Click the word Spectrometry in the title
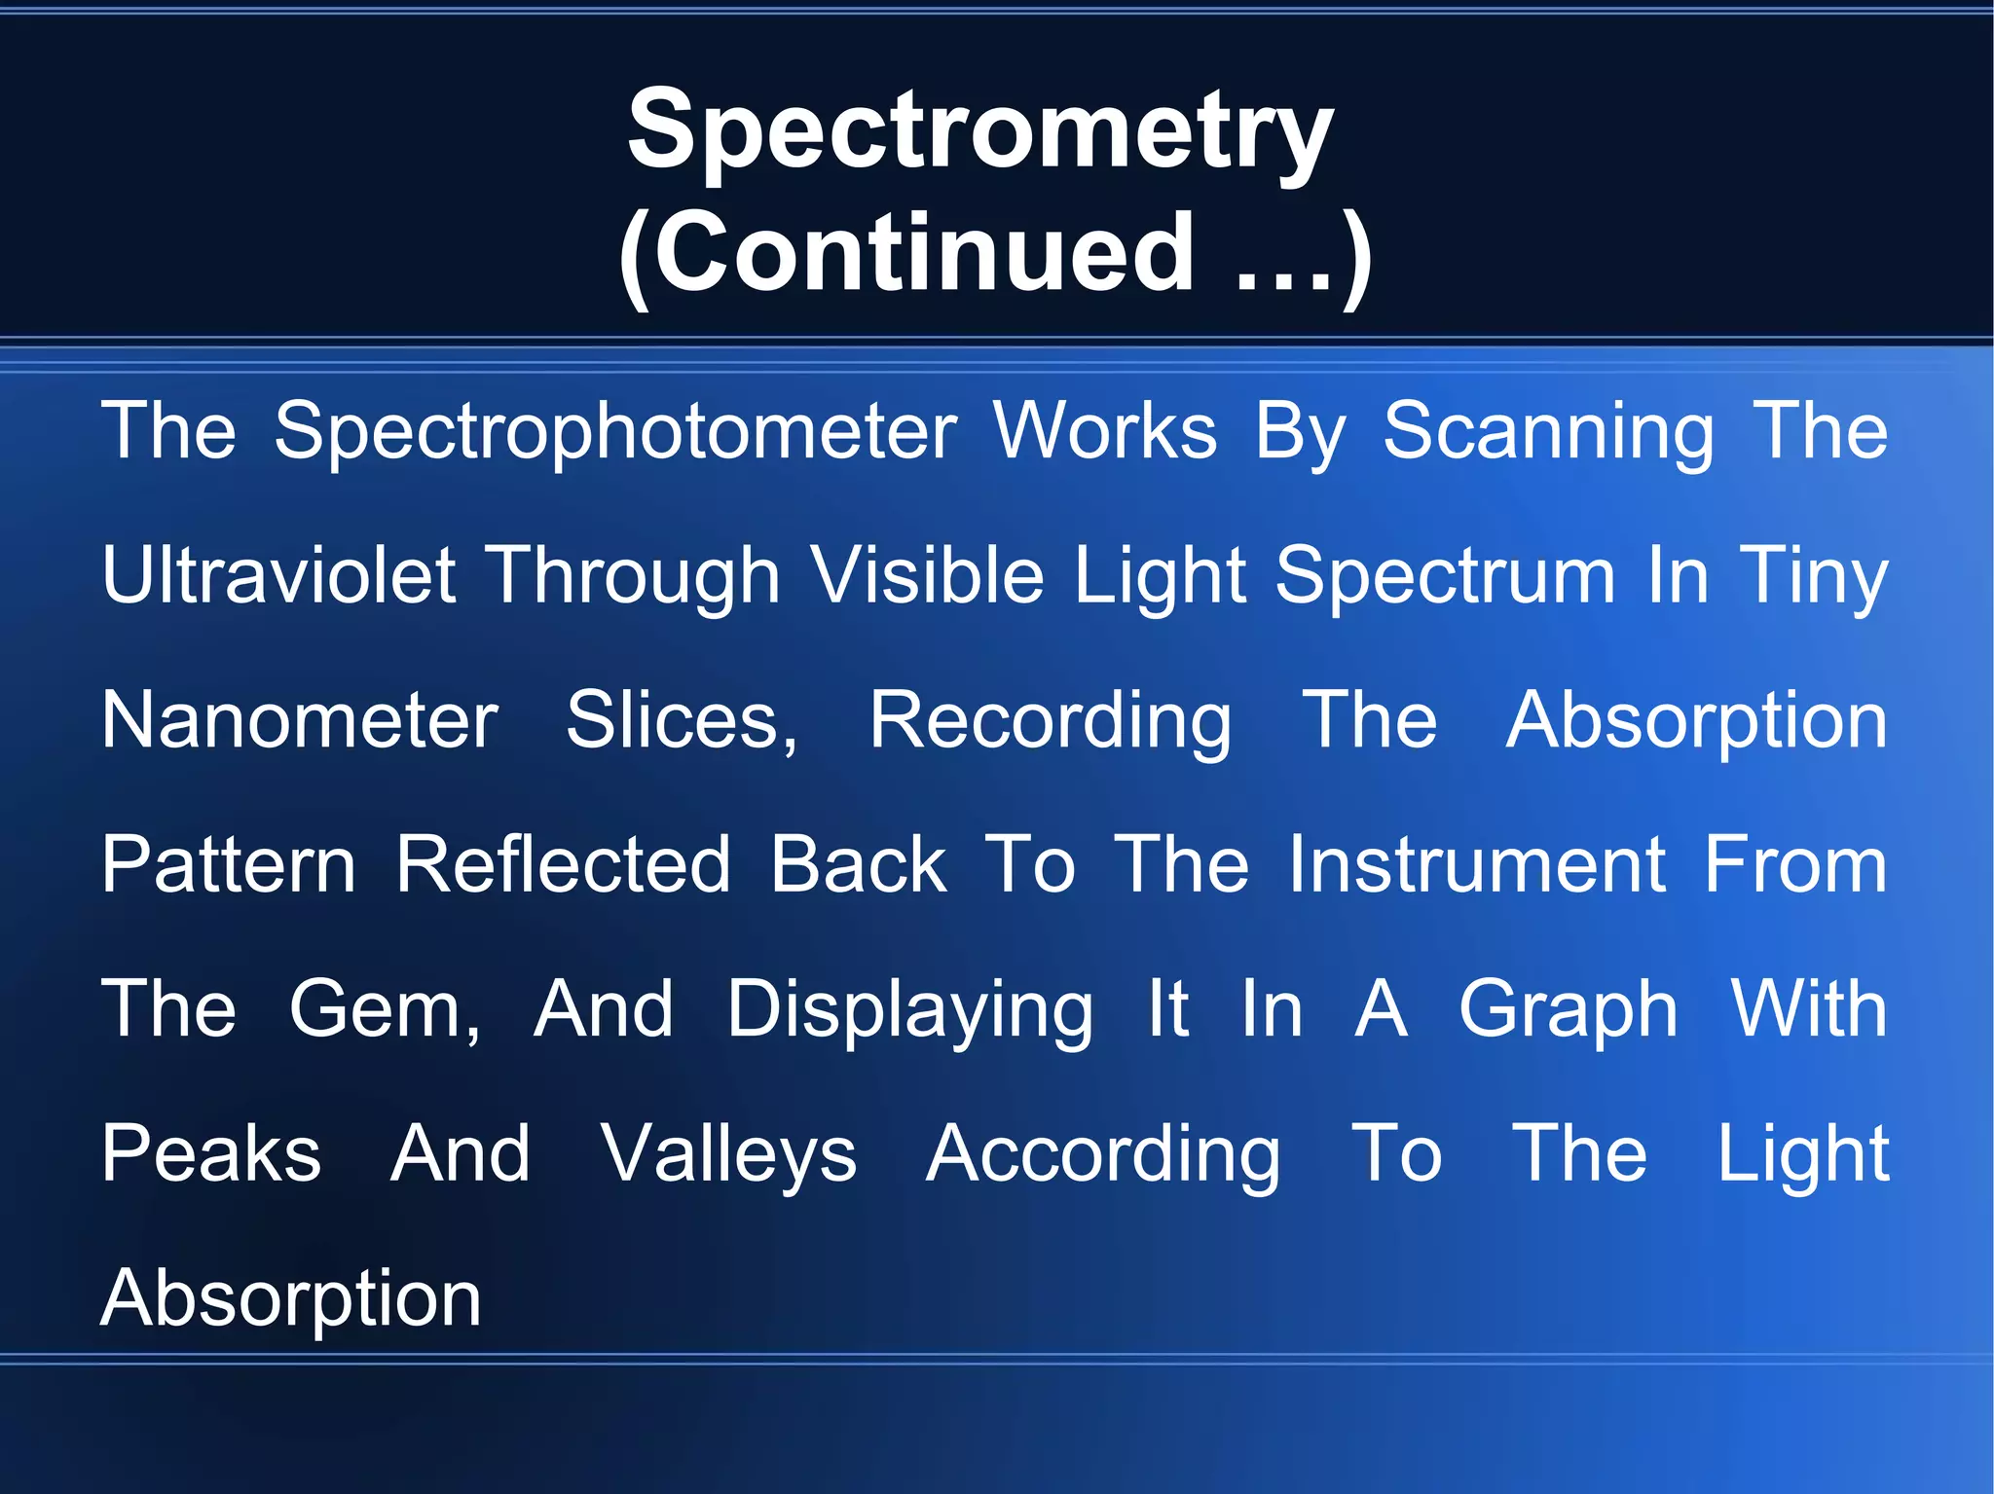[x=979, y=131]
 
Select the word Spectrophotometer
[x=615, y=431]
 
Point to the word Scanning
[x=1548, y=431]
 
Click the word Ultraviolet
[x=278, y=575]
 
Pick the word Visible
[x=927, y=575]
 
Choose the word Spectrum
[x=1445, y=575]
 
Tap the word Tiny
[x=1814, y=575]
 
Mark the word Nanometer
[x=300, y=720]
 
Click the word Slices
[x=682, y=720]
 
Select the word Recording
[x=1050, y=720]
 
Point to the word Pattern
[x=229, y=864]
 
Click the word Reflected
[x=563, y=864]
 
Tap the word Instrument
[x=1477, y=864]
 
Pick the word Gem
[x=384, y=1009]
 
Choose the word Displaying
[x=910, y=1009]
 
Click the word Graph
[x=1568, y=1009]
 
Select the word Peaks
[x=211, y=1153]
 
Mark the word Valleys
[x=728, y=1153]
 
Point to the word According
[x=1103, y=1153]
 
